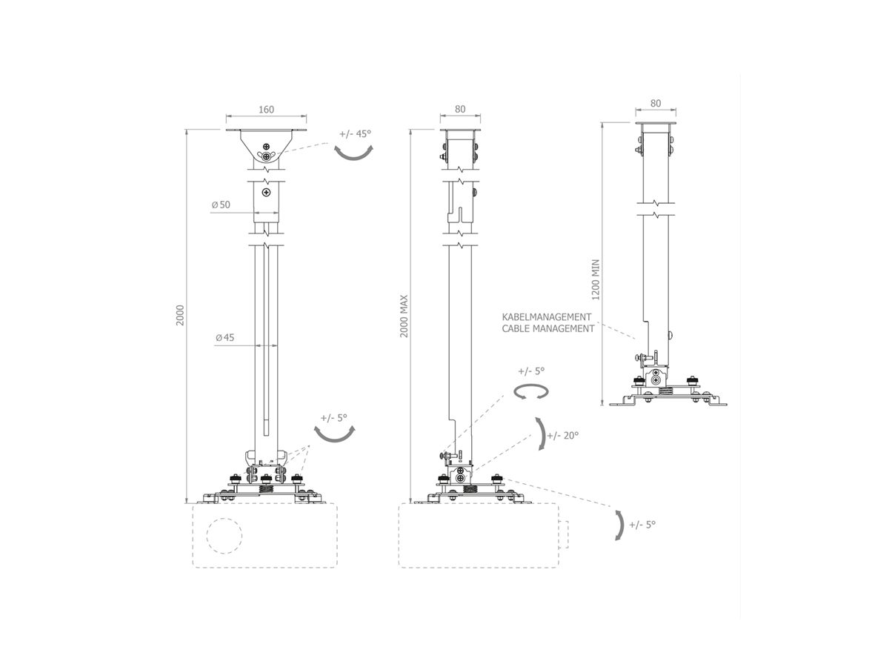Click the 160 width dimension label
[267, 110]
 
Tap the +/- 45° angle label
[355, 134]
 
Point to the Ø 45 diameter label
[224, 338]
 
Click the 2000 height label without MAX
[180, 314]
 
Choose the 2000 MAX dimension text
[404, 317]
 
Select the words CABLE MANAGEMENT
[548, 328]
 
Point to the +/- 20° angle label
[563, 435]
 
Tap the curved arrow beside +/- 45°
[353, 153]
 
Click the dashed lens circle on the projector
[224, 534]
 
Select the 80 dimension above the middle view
[459, 109]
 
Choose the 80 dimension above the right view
[655, 104]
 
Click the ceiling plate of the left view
[267, 132]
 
